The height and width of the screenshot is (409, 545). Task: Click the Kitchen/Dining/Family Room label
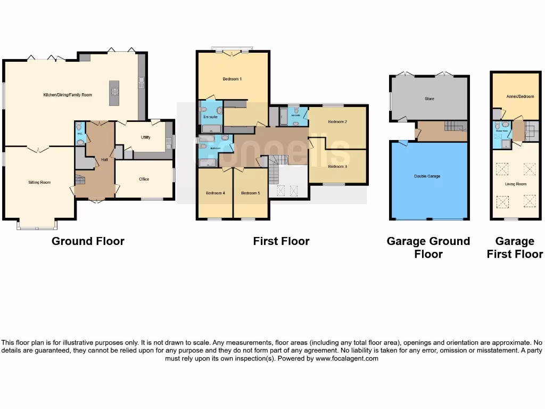[68, 95]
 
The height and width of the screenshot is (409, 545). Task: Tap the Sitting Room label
[39, 182]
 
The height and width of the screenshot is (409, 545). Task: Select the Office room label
[144, 179]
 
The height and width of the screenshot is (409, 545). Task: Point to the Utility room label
[145, 137]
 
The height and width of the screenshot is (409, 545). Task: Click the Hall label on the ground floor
[105, 159]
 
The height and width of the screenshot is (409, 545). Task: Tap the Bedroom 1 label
[232, 79]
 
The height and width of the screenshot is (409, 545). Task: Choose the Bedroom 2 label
[337, 122]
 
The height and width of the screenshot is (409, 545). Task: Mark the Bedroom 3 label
[337, 166]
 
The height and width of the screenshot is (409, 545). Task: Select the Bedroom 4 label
[215, 193]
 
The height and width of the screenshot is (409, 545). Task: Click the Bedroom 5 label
[250, 193]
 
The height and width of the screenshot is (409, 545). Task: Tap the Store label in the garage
[429, 99]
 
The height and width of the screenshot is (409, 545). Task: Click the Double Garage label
[427, 176]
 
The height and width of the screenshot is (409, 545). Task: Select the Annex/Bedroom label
[515, 96]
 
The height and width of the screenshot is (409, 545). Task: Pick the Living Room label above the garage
[515, 184]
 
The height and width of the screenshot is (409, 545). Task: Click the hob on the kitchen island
[114, 91]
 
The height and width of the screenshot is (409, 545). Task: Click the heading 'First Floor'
[281, 241]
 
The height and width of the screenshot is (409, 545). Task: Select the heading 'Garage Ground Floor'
[428, 248]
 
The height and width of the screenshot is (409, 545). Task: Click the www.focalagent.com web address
[346, 359]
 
